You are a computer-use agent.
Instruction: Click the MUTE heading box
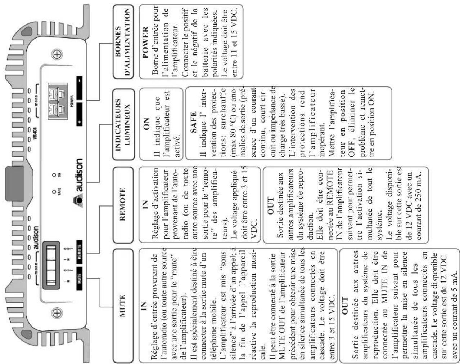[x=123, y=305]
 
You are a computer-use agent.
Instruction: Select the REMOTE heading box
[x=123, y=204]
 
